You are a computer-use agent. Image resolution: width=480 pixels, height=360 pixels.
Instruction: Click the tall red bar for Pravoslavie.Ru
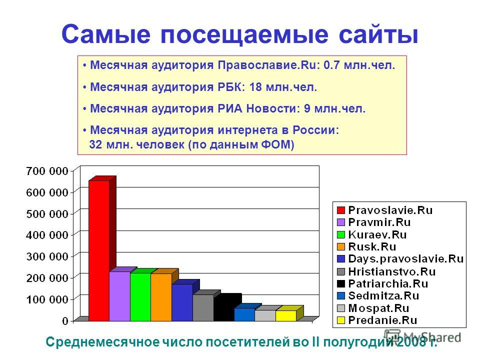99,250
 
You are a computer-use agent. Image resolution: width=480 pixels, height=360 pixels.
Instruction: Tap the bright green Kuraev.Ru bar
140,296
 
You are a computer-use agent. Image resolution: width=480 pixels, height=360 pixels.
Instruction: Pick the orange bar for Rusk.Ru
161,297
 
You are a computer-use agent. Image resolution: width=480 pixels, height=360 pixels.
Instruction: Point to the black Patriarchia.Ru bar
224,309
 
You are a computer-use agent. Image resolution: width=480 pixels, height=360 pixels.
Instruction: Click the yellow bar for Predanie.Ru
286,315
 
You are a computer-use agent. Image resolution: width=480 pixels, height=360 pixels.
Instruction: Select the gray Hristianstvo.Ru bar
203,307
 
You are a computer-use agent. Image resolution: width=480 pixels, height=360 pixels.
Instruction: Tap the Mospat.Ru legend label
378,308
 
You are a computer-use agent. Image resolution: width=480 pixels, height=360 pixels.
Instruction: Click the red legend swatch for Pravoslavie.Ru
340,210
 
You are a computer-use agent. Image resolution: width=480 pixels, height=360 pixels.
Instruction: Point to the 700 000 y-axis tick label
47,171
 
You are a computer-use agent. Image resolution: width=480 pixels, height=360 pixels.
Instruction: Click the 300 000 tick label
47,256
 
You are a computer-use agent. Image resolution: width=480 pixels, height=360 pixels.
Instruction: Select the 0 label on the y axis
65,321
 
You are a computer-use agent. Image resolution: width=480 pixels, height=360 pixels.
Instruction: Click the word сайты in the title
378,34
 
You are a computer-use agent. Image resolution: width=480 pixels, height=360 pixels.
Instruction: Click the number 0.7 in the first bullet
331,65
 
